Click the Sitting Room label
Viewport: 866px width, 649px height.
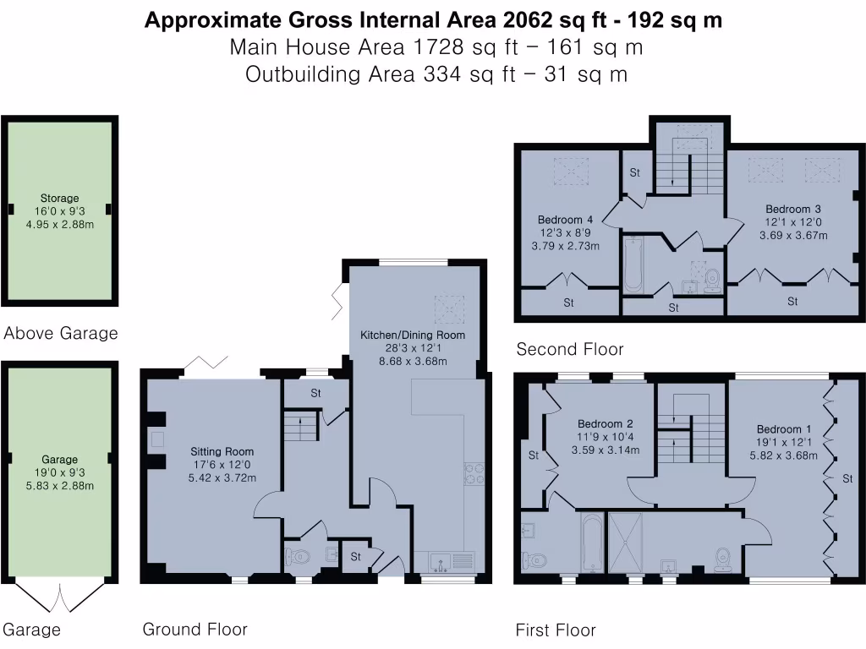tap(222, 451)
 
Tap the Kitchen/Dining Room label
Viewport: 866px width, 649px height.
tap(413, 335)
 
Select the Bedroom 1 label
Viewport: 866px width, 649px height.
tap(784, 428)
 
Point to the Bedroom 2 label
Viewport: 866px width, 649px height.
tap(606, 424)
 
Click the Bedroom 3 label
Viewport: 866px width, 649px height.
tap(793, 210)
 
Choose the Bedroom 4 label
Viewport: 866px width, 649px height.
tap(565, 220)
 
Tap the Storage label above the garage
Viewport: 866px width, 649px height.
tap(60, 198)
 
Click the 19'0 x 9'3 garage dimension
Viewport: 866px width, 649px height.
tap(60, 472)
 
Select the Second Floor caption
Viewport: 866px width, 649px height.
tap(570, 349)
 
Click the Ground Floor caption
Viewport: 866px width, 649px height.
tap(195, 629)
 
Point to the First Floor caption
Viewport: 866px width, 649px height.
tap(556, 630)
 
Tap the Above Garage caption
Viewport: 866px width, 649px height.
tap(61, 333)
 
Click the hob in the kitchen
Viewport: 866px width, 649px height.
tap(474, 473)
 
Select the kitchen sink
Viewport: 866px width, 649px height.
tap(441, 563)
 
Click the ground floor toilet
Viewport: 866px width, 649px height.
tap(297, 557)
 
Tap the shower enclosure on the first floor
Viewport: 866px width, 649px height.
tap(625, 543)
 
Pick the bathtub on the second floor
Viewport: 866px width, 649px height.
tap(633, 265)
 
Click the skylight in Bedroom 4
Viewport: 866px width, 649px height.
tap(571, 168)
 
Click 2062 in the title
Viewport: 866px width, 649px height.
tap(527, 20)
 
